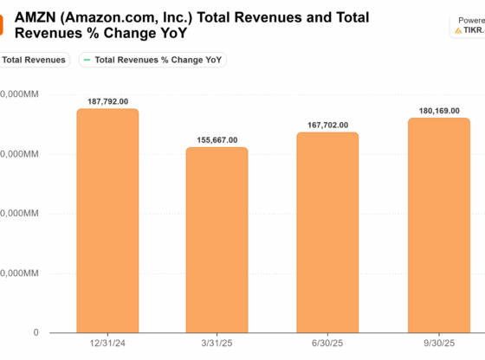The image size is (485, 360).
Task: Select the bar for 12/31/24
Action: click(107, 221)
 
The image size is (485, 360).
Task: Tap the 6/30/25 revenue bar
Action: click(327, 233)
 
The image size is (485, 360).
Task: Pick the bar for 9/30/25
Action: click(438, 225)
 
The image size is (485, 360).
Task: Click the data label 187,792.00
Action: click(107, 101)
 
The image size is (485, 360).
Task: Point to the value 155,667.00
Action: click(217, 139)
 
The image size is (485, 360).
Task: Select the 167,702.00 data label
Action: click(327, 125)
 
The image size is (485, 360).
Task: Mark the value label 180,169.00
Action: click(438, 110)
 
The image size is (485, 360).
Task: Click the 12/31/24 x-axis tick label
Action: click(107, 344)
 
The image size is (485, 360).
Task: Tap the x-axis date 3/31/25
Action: click(217, 344)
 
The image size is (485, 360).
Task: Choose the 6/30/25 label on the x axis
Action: click(327, 344)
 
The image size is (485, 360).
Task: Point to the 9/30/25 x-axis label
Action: click(438, 344)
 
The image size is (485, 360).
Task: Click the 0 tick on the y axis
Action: click(36, 332)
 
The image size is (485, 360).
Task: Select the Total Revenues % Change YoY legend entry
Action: click(158, 60)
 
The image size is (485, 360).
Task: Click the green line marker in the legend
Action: click(86, 60)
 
